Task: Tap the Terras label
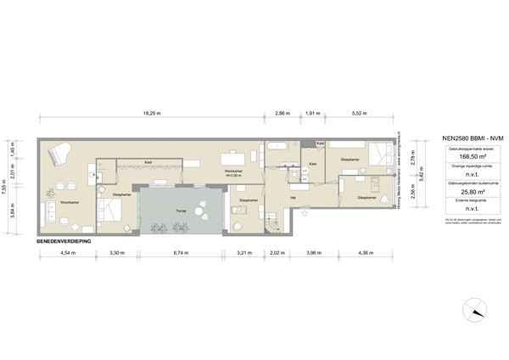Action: [180, 210]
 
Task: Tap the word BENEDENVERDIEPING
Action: [64, 242]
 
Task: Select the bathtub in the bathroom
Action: [279, 146]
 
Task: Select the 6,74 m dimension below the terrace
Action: [179, 252]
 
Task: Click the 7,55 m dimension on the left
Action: [6, 186]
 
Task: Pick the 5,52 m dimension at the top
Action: [362, 113]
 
